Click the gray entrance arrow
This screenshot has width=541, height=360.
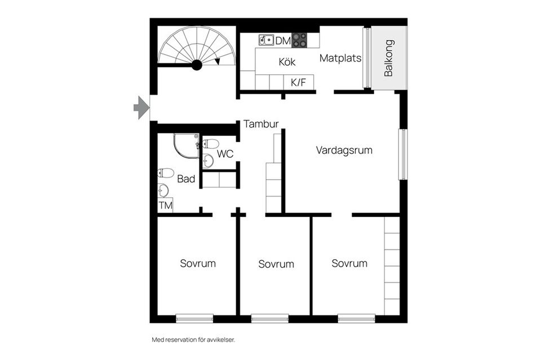click(x=140, y=107)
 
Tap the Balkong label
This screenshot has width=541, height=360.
click(x=388, y=58)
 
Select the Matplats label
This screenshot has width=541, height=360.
click(x=340, y=58)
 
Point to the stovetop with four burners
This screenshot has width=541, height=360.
click(x=299, y=40)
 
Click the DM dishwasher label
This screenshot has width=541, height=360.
click(x=282, y=40)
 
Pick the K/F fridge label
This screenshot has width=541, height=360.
click(x=298, y=82)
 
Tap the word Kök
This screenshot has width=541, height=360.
click(x=287, y=62)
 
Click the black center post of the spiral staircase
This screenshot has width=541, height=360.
click(x=197, y=65)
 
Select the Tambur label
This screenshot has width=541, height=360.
click(x=261, y=125)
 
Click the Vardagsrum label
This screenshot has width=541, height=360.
click(x=344, y=150)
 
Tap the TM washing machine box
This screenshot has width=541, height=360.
click(x=165, y=206)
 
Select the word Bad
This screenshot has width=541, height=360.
click(x=186, y=179)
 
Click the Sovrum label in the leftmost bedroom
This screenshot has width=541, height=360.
click(x=198, y=263)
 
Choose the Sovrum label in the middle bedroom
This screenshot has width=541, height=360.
click(x=276, y=264)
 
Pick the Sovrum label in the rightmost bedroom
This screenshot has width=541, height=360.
click(x=349, y=263)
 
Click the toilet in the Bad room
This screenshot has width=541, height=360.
click(x=166, y=173)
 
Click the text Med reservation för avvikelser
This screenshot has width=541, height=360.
click(x=193, y=340)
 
